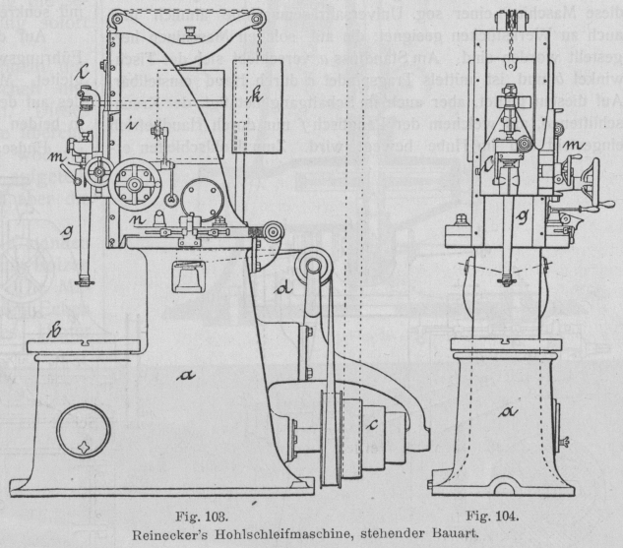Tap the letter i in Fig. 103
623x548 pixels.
click(130, 125)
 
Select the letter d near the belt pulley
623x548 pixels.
click(284, 292)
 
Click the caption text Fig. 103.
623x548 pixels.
click(195, 513)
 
